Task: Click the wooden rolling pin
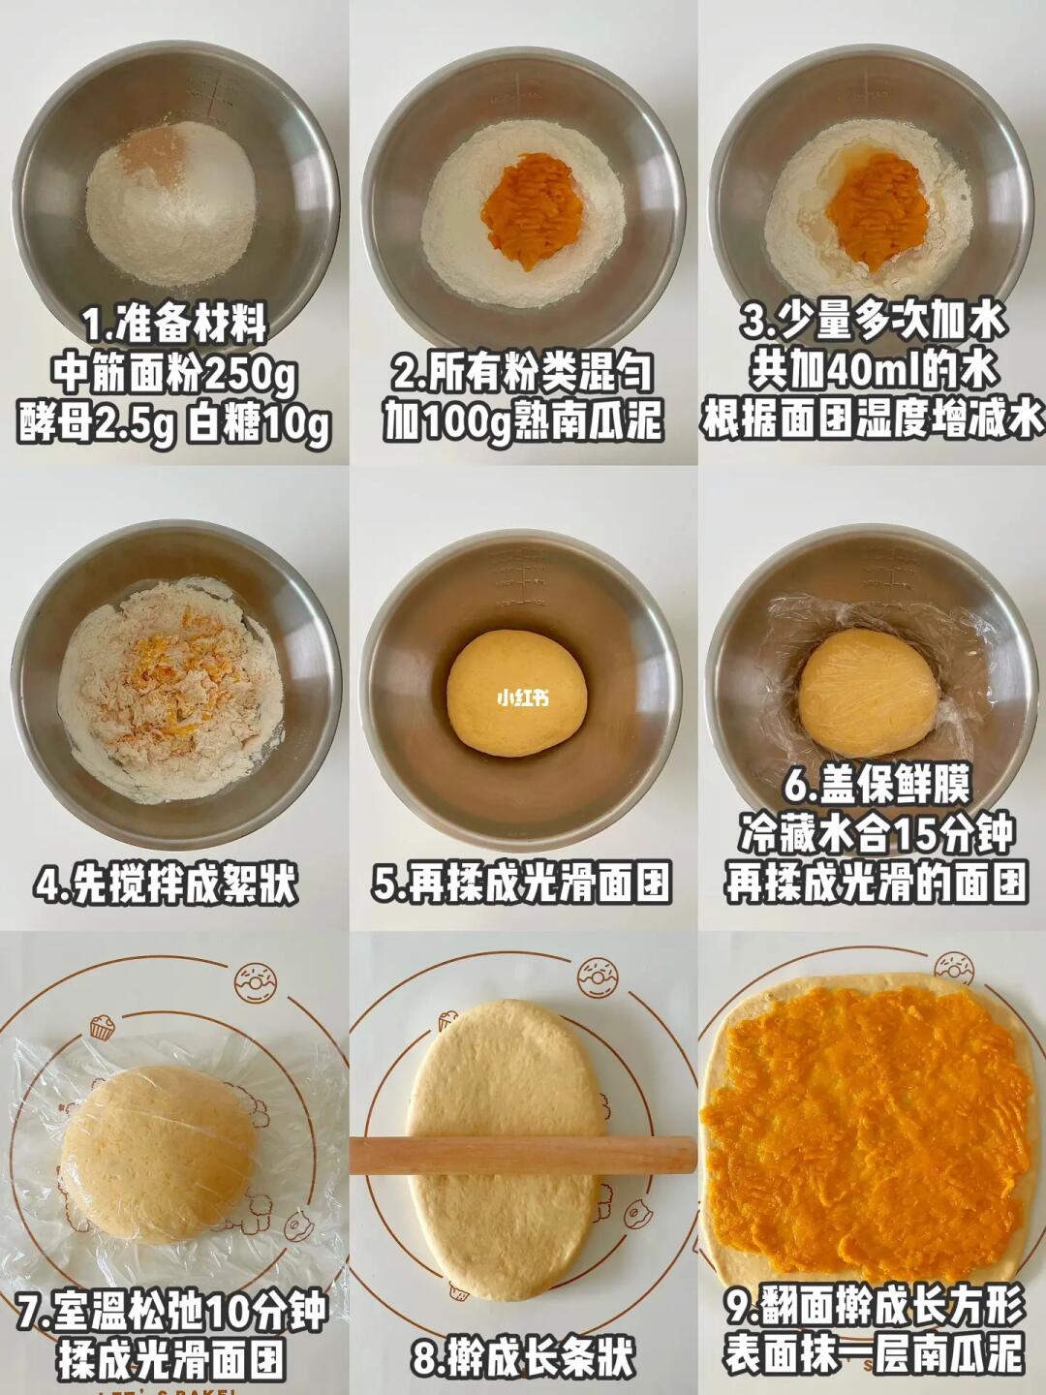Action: click(x=523, y=1156)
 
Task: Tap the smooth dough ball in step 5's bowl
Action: click(x=516, y=694)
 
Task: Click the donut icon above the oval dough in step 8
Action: click(x=598, y=978)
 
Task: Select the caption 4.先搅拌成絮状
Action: click(x=166, y=884)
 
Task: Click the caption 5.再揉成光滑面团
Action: click(x=521, y=884)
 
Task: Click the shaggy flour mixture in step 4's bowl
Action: click(x=170, y=690)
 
